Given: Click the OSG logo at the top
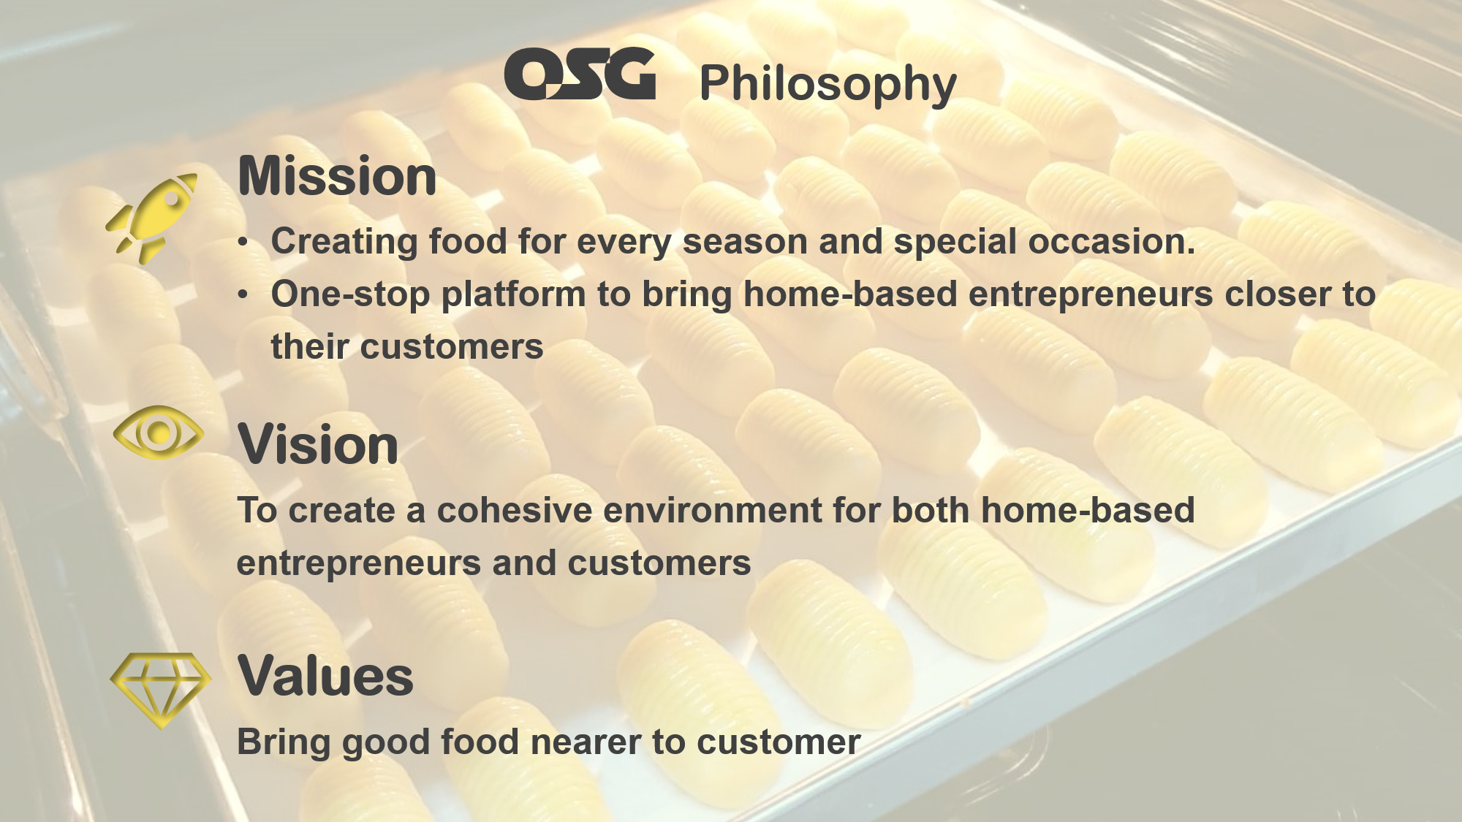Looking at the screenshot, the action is [580, 74].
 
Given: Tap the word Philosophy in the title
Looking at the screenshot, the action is [827, 84].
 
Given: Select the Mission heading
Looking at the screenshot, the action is [337, 176].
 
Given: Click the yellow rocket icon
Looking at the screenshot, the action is [152, 218].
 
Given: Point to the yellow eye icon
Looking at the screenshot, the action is [159, 433].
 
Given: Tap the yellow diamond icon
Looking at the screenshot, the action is [161, 690].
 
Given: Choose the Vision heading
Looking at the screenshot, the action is [318, 444].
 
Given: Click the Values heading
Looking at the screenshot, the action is [326, 676].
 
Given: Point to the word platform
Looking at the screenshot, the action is [513, 294].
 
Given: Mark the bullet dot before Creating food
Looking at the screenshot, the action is [243, 243].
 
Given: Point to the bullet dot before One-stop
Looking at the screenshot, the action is [243, 295].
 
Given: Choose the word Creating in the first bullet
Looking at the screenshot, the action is [344, 243].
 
